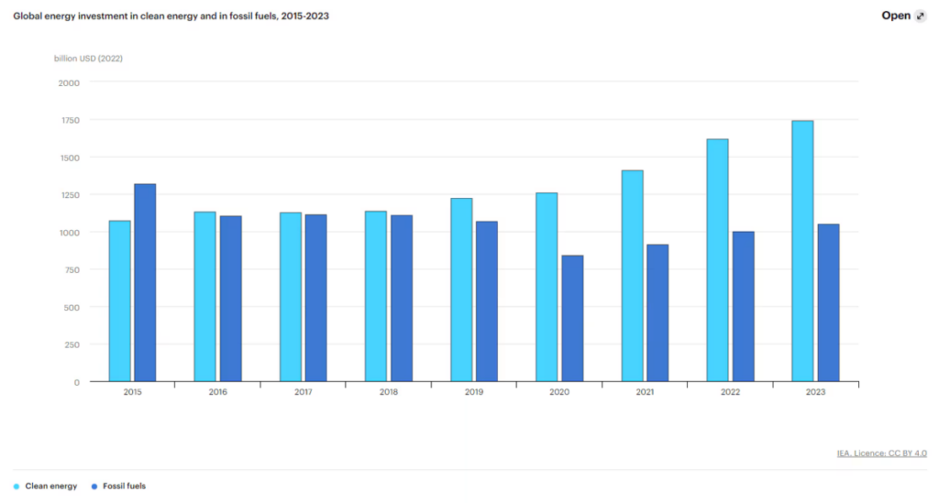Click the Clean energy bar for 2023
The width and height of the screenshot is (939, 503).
tap(802, 251)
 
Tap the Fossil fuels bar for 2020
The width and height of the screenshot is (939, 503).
tap(572, 318)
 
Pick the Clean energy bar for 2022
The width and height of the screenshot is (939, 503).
tap(717, 260)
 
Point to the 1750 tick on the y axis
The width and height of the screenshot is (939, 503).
tap(70, 120)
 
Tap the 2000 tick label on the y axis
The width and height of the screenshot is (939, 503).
tap(70, 82)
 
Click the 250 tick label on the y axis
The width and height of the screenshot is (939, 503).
tap(72, 344)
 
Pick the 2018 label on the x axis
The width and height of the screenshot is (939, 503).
tap(388, 392)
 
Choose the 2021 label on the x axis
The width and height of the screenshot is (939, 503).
tap(645, 392)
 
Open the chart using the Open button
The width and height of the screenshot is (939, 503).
tap(903, 16)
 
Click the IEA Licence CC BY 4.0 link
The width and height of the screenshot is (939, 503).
tap(881, 453)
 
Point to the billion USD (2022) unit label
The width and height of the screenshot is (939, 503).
tap(89, 59)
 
